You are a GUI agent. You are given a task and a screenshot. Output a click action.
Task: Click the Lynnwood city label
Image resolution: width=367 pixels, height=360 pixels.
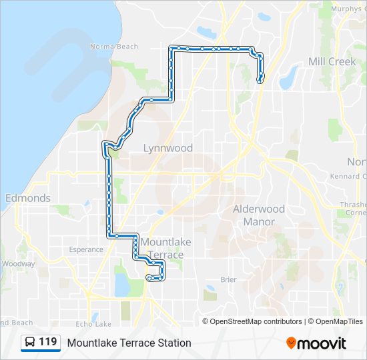tap(168, 148)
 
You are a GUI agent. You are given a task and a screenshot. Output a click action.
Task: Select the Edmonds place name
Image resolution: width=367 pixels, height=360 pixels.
tap(27, 198)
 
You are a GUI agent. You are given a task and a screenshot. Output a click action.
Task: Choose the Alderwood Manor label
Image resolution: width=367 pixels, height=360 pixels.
tap(258, 215)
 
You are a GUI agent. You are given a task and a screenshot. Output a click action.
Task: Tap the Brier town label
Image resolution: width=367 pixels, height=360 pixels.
tap(228, 280)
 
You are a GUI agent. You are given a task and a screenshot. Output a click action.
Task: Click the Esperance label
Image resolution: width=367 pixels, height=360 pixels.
tap(86, 250)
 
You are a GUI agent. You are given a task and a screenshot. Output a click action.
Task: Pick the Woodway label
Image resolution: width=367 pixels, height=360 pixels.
tap(17, 264)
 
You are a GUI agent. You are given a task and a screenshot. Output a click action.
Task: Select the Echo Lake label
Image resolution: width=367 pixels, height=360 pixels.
tap(93, 324)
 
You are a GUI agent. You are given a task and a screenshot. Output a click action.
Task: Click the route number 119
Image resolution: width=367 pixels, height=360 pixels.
tap(47, 342)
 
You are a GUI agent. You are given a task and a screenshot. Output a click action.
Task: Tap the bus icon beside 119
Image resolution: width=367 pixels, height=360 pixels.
tap(30, 343)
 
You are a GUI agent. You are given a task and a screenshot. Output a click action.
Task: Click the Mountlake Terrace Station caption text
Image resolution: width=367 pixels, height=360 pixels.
tap(129, 343)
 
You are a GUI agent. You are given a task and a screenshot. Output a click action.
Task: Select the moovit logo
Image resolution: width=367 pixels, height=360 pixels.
tap(316, 343)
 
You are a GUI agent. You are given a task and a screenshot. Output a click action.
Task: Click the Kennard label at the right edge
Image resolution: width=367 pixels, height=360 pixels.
tap(348, 176)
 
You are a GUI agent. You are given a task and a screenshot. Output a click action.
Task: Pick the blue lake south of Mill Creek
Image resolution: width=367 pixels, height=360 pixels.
tap(288, 79)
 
